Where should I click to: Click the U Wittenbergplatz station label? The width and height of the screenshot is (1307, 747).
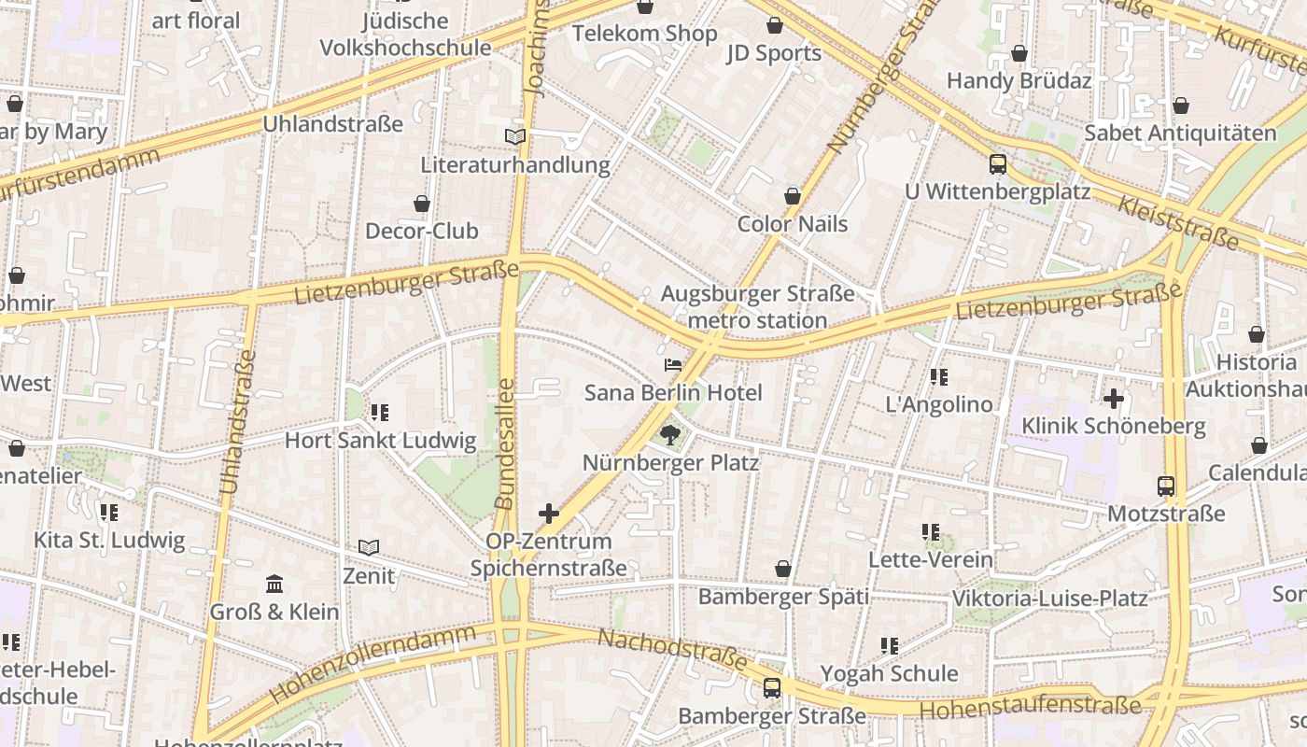[x=997, y=191]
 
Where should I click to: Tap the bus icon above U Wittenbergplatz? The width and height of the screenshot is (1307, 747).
[x=998, y=165]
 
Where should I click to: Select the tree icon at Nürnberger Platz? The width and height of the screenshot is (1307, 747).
[x=669, y=434]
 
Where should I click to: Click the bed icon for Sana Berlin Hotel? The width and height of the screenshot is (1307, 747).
[x=673, y=365]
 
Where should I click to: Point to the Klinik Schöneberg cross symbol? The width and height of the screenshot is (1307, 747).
[x=1113, y=399]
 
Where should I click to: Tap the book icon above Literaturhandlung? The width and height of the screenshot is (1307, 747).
[x=515, y=137]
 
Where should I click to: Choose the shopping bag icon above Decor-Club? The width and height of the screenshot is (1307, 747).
[x=422, y=204]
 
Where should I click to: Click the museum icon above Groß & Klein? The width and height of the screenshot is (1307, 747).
[x=274, y=585]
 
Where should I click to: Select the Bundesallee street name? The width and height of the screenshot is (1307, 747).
[x=505, y=444]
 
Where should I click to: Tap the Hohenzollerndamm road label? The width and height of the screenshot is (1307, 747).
[x=372, y=664]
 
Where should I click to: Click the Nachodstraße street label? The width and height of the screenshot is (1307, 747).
[x=671, y=650]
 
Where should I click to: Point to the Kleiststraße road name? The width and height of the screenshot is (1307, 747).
[x=1178, y=223]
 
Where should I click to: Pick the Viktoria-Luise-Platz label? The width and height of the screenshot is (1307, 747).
[x=1049, y=598]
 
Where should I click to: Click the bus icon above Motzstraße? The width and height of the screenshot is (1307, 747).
[x=1166, y=486]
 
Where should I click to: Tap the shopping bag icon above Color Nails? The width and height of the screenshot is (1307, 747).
[x=793, y=196]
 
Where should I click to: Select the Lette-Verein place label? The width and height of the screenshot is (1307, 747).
[x=931, y=559]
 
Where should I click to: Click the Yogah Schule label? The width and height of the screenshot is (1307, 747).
[x=889, y=673]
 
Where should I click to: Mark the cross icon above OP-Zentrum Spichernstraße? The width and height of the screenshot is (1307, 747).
[x=549, y=513]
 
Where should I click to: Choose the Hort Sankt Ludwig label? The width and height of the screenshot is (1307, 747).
[x=380, y=441]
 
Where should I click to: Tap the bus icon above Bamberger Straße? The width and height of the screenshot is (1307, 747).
[x=772, y=688]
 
